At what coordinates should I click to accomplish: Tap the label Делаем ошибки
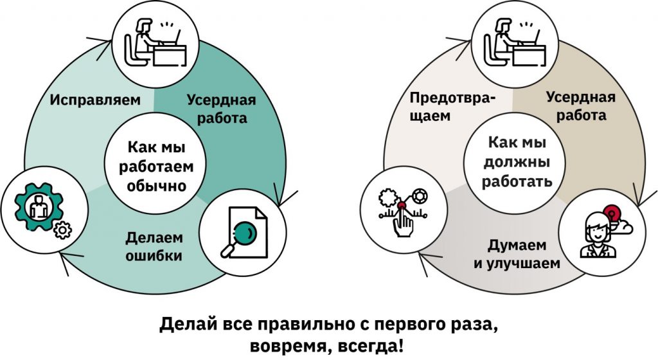(x=154, y=247)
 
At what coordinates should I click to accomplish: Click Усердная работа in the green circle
(x=221, y=109)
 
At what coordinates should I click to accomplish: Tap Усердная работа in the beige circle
(x=581, y=106)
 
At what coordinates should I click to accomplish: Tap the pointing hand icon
(x=404, y=222)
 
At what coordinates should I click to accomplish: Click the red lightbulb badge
(x=612, y=212)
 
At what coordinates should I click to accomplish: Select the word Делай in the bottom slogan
(x=182, y=323)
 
